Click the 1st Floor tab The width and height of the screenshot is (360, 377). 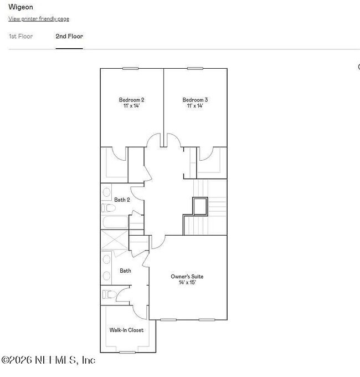tap(20, 37)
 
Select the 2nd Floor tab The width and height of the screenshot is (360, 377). tap(69, 37)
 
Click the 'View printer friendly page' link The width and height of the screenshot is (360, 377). tap(39, 19)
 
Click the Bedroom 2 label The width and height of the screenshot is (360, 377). tap(132, 100)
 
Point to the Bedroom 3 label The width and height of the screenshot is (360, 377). tap(195, 100)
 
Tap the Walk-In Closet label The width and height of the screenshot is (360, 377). tap(126, 330)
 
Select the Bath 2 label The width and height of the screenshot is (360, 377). tap(122, 200)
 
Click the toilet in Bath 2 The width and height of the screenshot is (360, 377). tap(107, 208)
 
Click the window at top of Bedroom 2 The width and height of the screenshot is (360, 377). tap(130, 68)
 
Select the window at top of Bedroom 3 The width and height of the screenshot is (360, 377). tap(194, 68)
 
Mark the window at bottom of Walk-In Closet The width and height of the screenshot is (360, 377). tap(127, 352)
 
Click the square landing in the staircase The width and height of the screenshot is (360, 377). tap(199, 207)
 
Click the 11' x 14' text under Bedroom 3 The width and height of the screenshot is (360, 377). tap(195, 106)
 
